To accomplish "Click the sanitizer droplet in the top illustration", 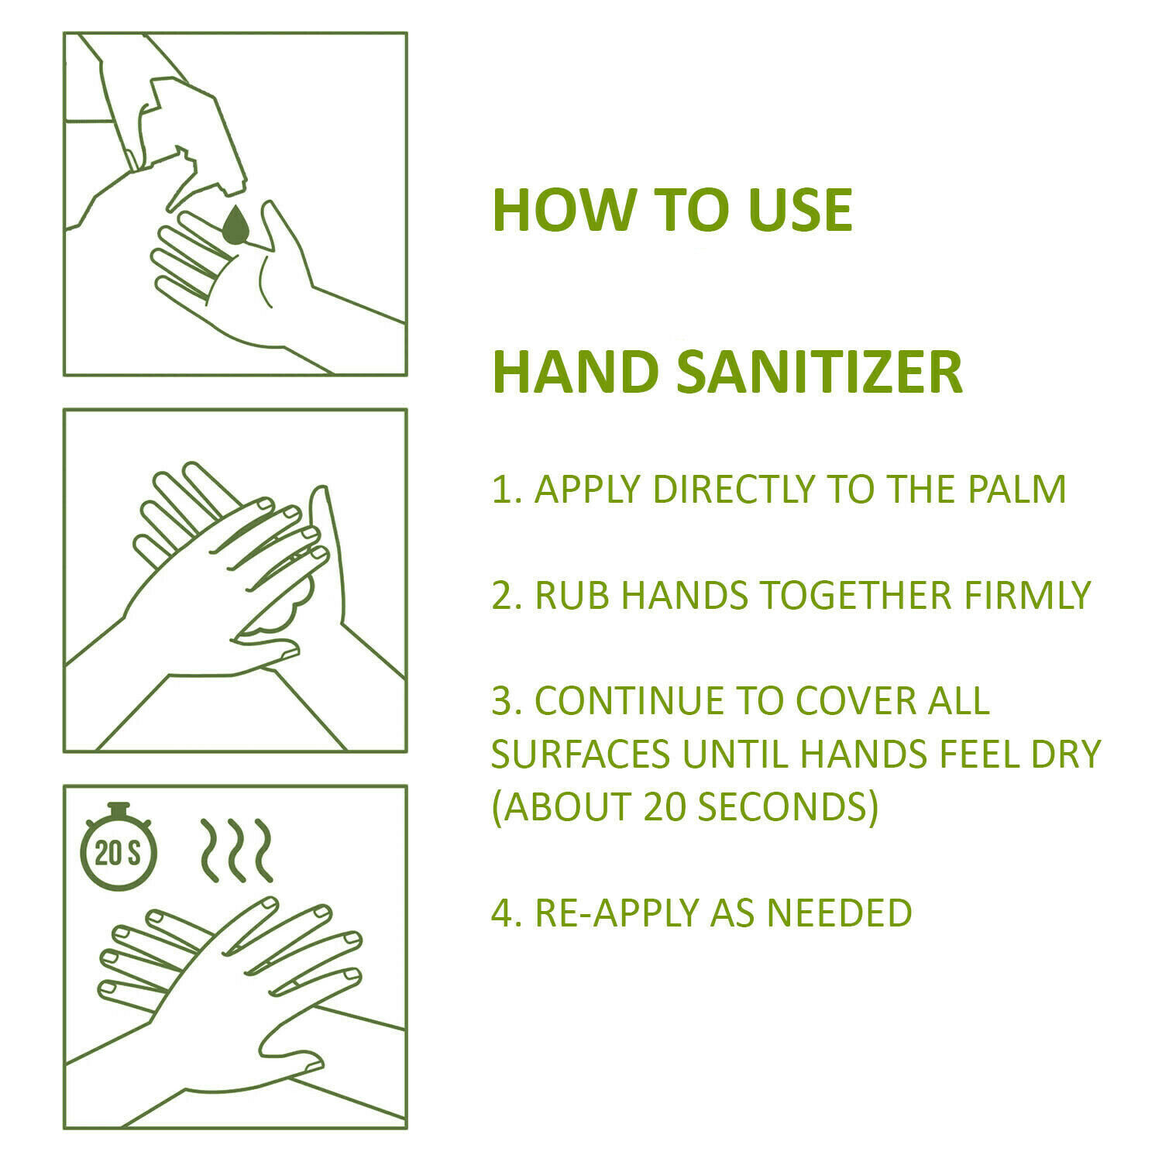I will coord(235,225).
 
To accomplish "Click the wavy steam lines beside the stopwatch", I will coord(236,850).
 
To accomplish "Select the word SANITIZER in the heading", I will coord(820,373).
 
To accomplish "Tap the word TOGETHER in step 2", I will coord(855,596).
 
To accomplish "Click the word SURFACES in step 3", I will coord(580,755).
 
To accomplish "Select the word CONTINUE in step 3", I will coord(627,701).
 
